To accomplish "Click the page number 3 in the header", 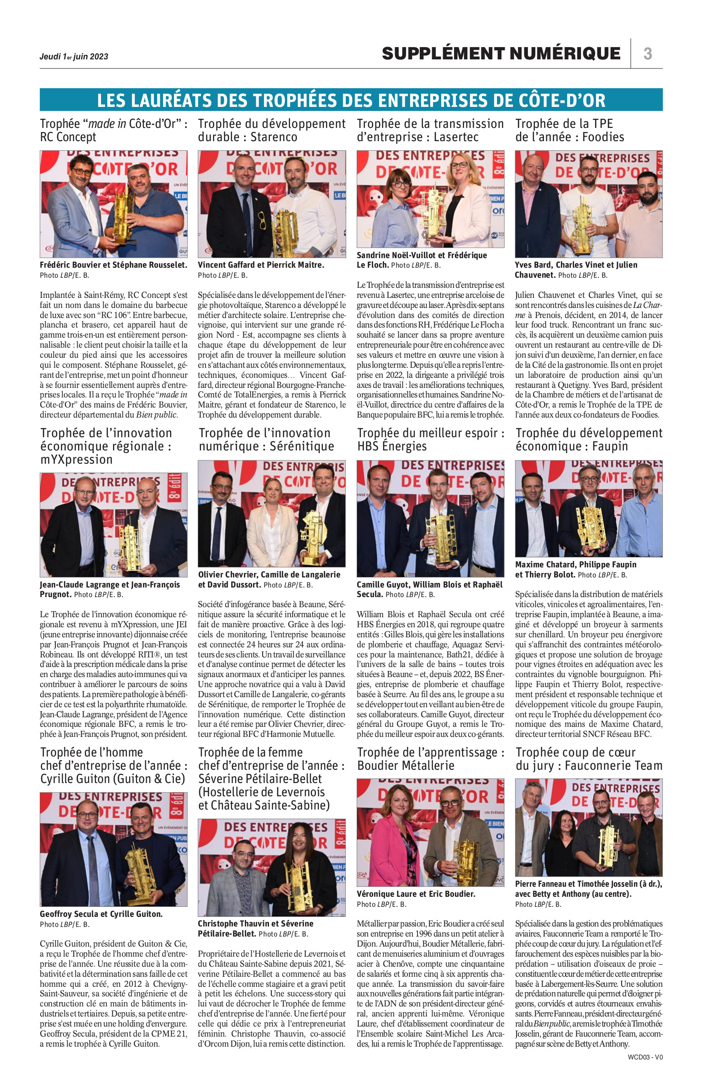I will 647,54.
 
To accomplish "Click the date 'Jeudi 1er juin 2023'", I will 74,57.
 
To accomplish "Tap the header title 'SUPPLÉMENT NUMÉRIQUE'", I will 501,53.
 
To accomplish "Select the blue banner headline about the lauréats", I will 351,100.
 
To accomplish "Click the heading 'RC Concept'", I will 68,137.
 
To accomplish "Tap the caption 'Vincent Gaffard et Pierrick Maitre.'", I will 261,265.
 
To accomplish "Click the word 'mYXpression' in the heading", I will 76,460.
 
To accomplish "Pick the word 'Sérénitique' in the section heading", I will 302,446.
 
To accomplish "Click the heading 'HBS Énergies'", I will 392,446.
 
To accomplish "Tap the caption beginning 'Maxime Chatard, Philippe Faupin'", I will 575,565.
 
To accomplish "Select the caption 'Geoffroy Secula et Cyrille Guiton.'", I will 101,914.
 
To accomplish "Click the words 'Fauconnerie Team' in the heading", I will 613,766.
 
